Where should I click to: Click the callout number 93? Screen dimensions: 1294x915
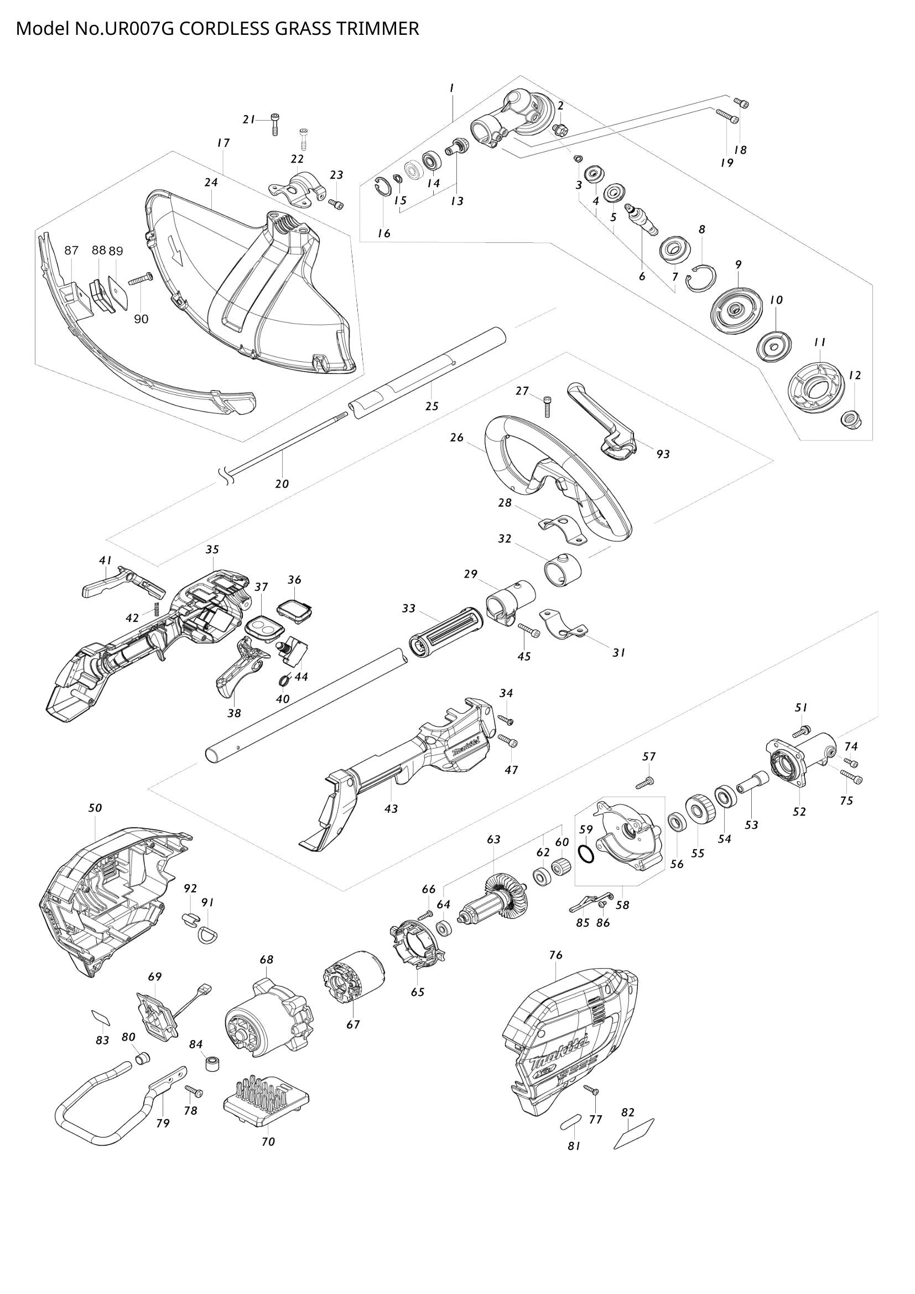click(x=663, y=454)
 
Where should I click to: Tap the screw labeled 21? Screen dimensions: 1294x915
click(x=275, y=123)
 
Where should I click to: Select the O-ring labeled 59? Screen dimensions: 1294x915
click(x=586, y=854)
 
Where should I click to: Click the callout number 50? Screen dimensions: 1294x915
click(x=95, y=808)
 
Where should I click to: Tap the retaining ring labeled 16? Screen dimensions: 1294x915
click(x=383, y=185)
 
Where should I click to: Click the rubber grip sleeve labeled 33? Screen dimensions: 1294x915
click(x=446, y=632)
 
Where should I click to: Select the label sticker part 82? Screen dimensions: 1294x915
click(x=634, y=1134)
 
